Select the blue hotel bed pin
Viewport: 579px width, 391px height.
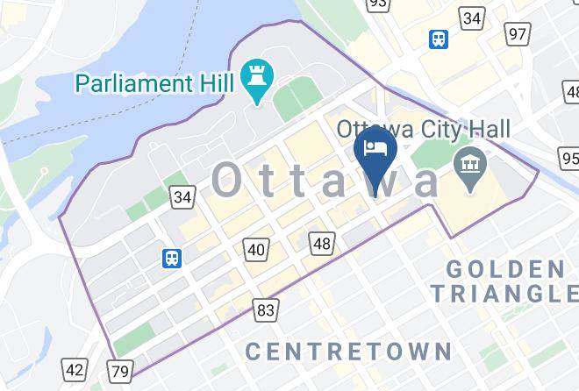click(x=375, y=150)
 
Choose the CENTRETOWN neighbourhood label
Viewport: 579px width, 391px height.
click(x=348, y=352)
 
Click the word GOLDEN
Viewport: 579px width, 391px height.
click(x=505, y=268)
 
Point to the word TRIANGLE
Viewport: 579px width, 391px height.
click(x=504, y=293)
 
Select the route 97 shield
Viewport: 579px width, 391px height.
click(x=518, y=34)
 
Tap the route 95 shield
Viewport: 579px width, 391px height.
click(x=569, y=159)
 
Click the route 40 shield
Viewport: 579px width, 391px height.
click(x=255, y=250)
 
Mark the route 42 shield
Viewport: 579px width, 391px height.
click(x=76, y=371)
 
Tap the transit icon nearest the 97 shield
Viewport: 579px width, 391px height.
click(x=438, y=39)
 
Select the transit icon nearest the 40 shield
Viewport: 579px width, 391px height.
click(x=172, y=258)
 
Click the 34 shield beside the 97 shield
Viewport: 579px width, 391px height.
click(x=472, y=18)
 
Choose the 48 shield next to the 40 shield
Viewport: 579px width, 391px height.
click(x=322, y=243)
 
